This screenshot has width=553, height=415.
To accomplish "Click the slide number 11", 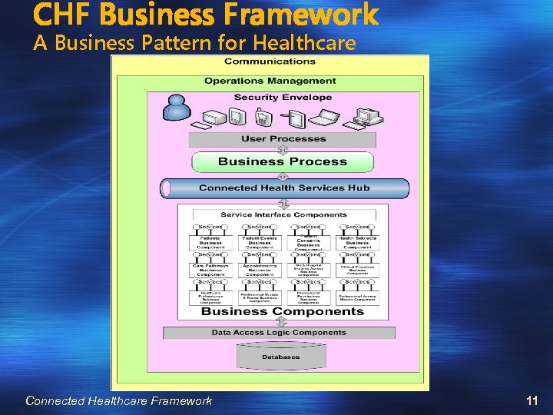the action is [531, 400].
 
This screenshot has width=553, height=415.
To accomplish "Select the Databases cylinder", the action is [282, 357].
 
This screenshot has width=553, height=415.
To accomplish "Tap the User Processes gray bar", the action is [283, 139].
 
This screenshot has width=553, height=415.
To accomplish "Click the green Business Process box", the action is [283, 161].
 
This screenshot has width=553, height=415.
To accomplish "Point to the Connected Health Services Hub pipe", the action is [284, 188].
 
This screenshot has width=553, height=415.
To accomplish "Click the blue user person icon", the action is [176, 108].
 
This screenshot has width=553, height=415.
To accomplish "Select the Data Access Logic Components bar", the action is [279, 333].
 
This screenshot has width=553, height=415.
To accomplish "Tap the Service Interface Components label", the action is [283, 214].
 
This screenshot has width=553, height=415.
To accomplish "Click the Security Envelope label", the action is [283, 98].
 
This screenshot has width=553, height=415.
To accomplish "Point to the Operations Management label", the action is [270, 81].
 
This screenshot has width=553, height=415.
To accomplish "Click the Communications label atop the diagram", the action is [270, 61].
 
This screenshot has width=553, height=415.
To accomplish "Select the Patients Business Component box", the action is [210, 244].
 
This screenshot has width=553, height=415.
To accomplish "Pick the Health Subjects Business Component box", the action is [357, 244].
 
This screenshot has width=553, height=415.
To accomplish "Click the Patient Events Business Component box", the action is [259, 244].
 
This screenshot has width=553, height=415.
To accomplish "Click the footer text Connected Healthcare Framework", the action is [118, 400].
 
